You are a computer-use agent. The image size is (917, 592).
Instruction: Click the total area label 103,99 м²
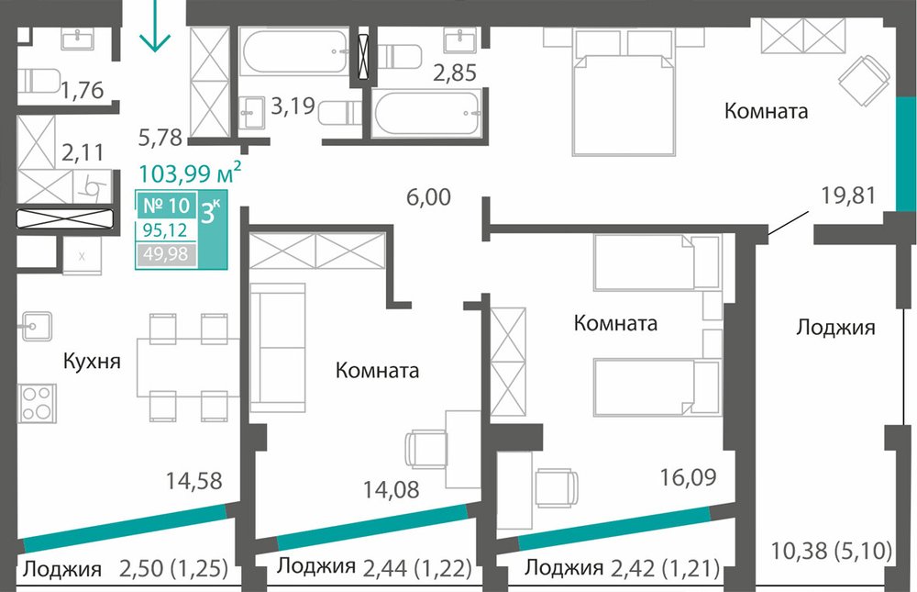point(190,173)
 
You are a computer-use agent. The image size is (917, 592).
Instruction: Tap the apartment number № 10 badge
point(167,206)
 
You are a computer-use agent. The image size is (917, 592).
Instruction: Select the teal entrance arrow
point(155,26)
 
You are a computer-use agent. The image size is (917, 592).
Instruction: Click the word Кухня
point(92,361)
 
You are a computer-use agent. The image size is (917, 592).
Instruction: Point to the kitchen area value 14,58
point(194,481)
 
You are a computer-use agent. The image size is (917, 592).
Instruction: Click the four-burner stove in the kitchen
point(37,403)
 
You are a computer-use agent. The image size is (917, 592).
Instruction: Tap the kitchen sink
point(37,326)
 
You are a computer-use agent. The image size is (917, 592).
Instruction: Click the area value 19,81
point(848,195)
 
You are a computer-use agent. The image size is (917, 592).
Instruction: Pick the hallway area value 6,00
point(428,197)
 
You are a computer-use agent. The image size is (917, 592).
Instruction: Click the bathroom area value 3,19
point(293,106)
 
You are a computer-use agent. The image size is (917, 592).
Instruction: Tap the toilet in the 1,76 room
point(39,82)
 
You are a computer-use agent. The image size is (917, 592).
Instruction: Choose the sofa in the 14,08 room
point(278,349)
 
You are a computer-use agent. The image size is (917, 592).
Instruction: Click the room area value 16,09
point(689,477)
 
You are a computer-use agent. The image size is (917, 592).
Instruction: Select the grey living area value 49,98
point(166,254)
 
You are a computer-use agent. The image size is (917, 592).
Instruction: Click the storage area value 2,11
point(83,152)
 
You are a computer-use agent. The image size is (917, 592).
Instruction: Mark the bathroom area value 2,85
point(455,73)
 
